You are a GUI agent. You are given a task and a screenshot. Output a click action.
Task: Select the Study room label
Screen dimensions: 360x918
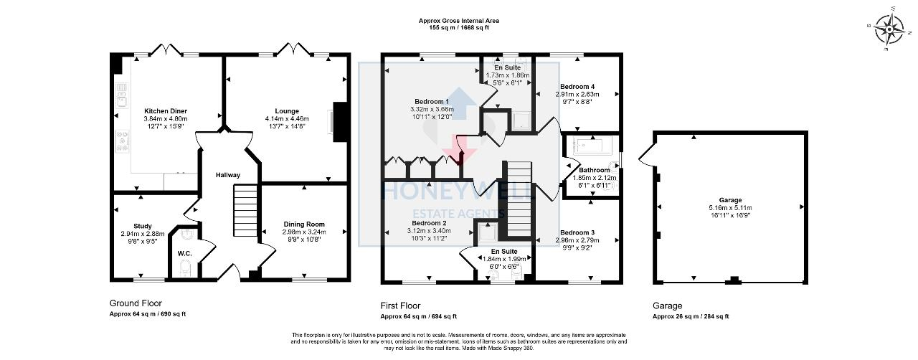pos(143,226)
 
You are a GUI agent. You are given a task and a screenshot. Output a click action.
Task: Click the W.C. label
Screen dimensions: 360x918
pos(184,252)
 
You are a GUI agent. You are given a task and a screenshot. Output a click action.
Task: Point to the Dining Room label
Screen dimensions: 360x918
pos(305,224)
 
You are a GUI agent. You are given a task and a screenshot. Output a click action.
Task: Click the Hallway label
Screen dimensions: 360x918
pos(228,175)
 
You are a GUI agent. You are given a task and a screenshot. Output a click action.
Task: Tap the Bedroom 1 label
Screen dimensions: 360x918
pos(431,101)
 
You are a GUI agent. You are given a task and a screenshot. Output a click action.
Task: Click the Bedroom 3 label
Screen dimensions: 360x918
pos(577,233)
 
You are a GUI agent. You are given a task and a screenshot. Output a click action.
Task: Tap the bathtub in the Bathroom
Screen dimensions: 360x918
pos(592,148)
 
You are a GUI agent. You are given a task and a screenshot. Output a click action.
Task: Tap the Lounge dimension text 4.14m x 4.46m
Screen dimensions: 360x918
pos(286,118)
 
